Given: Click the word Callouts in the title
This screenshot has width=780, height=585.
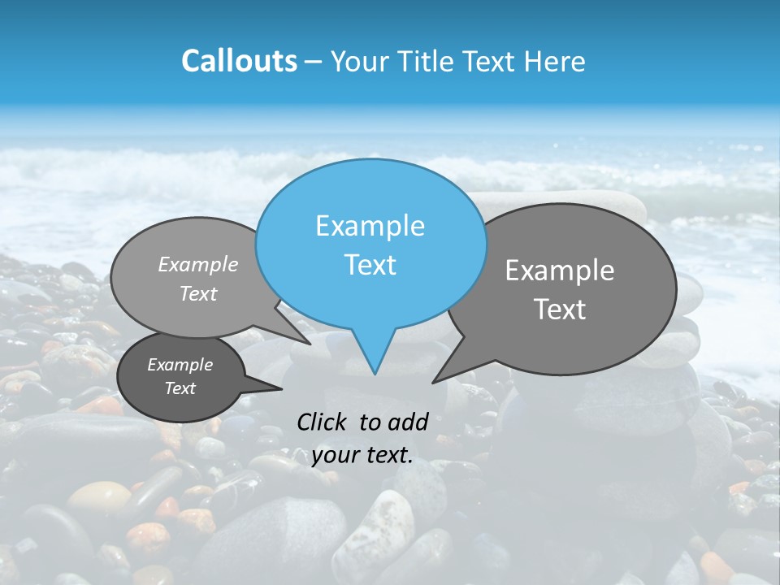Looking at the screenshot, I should click(239, 61).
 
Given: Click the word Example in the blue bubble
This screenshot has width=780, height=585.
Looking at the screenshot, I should click(370, 226).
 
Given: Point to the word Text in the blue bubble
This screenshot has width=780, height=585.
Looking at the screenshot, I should click(370, 265).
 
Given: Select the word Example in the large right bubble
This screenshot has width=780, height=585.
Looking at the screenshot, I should click(560, 271).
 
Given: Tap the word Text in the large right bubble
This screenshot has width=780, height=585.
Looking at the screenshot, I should click(560, 309).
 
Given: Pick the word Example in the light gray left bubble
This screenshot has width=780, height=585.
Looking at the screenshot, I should click(198, 264).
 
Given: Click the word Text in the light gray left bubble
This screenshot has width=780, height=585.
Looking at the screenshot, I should click(198, 294).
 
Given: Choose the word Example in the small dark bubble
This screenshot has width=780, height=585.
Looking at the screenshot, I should click(180, 365).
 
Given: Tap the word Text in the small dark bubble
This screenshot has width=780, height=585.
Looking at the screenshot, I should click(180, 388).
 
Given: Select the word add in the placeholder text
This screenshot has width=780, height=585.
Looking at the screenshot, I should click(408, 422).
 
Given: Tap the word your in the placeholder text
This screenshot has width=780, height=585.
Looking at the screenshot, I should click(335, 455).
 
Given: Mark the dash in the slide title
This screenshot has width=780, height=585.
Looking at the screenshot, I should click(314, 61).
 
